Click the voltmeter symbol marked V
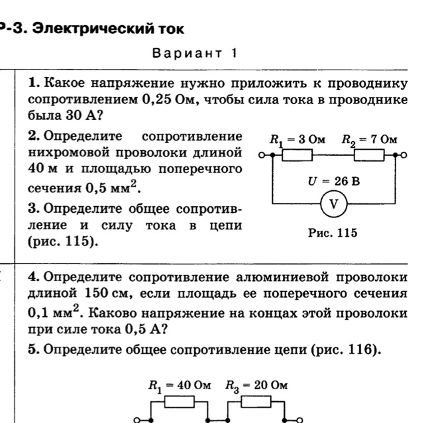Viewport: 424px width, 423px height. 335,204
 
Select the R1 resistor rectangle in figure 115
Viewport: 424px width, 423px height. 297,156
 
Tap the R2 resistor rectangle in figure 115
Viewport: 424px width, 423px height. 369,156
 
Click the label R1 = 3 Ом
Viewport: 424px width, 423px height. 297,140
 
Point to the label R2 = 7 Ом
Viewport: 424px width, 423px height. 370,140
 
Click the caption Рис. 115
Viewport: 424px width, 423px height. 333,233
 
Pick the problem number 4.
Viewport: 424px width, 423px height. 35,276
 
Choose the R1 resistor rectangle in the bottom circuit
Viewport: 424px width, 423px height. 179,402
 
